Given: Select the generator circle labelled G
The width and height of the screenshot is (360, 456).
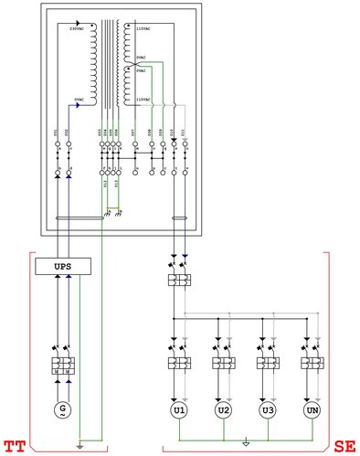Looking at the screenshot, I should [61, 408].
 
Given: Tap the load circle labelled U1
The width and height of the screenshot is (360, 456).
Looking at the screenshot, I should [179, 410].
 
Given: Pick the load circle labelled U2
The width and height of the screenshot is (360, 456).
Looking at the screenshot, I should [224, 410].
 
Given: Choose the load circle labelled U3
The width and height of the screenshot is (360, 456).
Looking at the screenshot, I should [268, 410].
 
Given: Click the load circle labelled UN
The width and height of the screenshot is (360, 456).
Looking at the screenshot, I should [312, 410].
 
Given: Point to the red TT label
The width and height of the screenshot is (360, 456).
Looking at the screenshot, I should [15, 447].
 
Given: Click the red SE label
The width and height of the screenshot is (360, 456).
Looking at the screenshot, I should [344, 447].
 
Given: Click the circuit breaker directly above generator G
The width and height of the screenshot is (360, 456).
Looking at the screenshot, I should [61, 364].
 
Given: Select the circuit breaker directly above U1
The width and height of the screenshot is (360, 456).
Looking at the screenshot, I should [179, 362].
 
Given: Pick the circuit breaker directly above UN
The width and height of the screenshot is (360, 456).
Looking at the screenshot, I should [312, 362].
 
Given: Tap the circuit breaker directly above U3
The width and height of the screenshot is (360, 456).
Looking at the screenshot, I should [268, 362].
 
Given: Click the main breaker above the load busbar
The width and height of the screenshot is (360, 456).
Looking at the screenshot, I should [179, 279].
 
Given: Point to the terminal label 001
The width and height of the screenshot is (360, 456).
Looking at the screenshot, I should [57, 134].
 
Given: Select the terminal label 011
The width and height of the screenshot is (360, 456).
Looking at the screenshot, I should [185, 134].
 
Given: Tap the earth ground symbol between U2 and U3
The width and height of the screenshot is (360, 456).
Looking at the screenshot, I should [246, 445].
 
